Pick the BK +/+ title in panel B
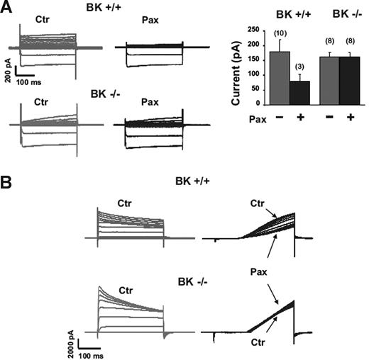(194, 181)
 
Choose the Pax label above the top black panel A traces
(150, 32)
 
